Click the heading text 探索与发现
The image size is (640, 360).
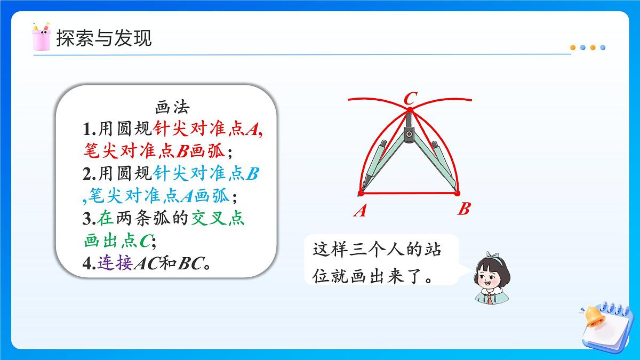pyautogui.click(x=104, y=38)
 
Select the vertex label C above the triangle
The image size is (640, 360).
pyautogui.click(x=410, y=99)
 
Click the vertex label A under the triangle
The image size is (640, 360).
pyautogui.click(x=360, y=211)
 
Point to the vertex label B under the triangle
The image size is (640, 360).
pyautogui.click(x=463, y=209)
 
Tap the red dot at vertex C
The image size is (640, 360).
pyautogui.click(x=410, y=110)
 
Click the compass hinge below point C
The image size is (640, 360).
pyautogui.click(x=409, y=133)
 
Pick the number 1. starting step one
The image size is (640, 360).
pyautogui.click(x=89, y=129)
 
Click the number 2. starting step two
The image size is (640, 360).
pyautogui.click(x=89, y=174)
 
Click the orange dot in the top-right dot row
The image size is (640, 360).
pyautogui.click(x=573, y=47)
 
